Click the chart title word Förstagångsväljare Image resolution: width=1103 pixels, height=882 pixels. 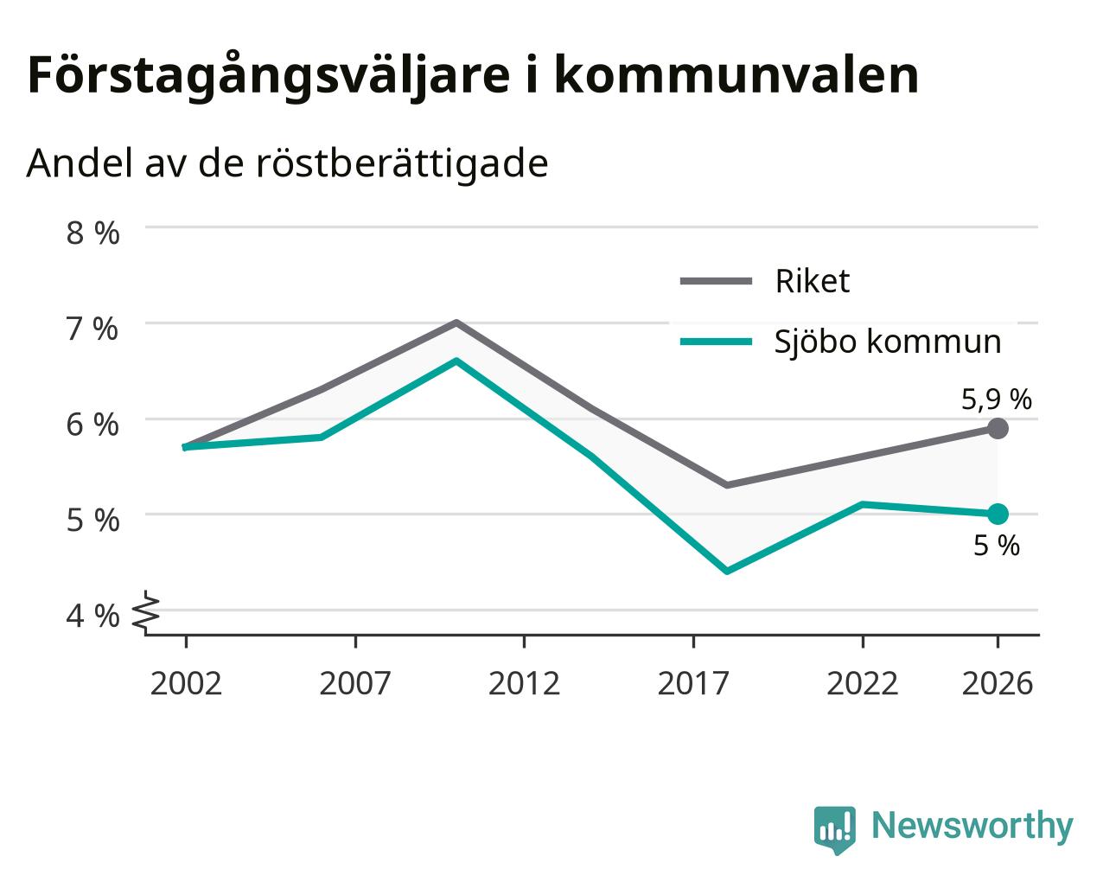269,77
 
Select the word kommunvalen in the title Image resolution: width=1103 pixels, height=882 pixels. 736,75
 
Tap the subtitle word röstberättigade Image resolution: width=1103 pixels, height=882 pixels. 402,164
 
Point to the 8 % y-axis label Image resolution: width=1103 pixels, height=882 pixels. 92,233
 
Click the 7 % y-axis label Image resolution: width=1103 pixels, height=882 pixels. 92,329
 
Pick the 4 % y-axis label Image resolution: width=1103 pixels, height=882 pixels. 92,616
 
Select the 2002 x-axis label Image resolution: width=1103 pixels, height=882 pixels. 186,683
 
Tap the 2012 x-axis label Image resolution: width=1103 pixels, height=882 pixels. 524,683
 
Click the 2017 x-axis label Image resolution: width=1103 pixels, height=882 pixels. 693,683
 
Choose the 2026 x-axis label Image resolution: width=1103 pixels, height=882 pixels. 998,683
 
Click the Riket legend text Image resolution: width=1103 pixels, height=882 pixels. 813,281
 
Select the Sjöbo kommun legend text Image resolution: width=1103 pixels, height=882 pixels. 888,342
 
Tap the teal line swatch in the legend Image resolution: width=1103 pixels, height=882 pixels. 716,342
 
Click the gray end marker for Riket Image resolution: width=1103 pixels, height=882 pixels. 998,428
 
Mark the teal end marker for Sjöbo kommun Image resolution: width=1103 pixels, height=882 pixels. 998,514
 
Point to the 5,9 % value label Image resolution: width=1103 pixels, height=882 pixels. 997,399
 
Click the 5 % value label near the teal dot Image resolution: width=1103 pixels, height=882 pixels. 997,545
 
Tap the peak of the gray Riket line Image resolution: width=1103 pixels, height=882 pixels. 456,323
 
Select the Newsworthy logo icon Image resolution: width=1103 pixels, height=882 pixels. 834,827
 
